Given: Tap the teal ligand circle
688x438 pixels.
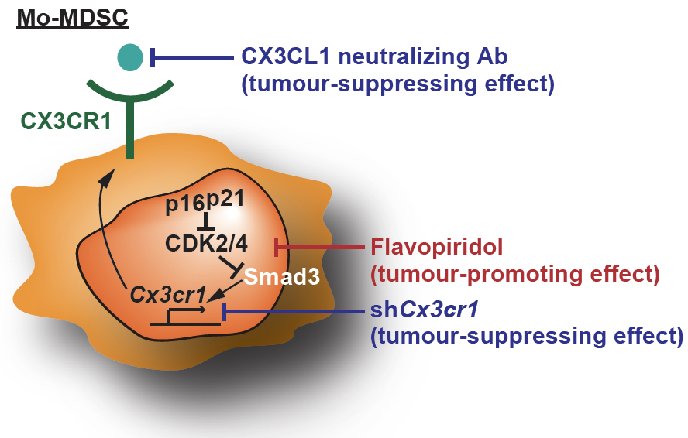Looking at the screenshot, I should (130, 56).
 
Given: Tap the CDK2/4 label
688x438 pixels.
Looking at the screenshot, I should (206, 244).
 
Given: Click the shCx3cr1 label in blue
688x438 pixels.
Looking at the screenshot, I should (425, 311).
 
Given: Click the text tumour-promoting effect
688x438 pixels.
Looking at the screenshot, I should (515, 274).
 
